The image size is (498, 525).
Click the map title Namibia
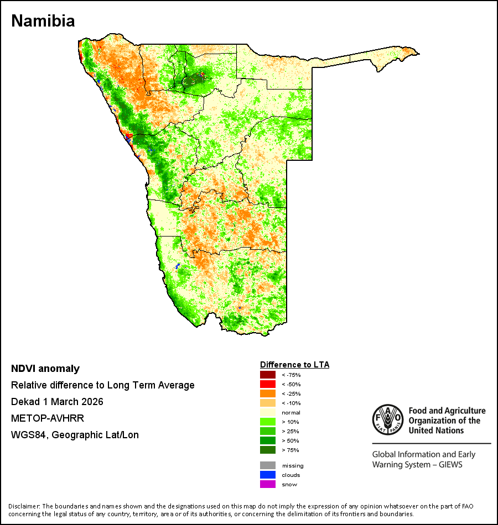click(x=43, y=21)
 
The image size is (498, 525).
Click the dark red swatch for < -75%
click(x=268, y=375)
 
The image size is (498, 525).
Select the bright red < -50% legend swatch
click(x=268, y=384)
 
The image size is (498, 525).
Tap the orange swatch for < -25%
click(x=268, y=393)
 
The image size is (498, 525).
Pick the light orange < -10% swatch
click(x=268, y=403)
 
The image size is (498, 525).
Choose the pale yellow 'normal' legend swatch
click(x=268, y=412)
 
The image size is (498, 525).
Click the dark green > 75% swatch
click(x=268, y=450)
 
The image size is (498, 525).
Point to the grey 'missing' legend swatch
click(x=268, y=465)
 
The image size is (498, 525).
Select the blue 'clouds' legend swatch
click(x=268, y=475)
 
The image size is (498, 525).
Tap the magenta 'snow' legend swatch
click(x=268, y=484)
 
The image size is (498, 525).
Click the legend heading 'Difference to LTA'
click(x=294, y=365)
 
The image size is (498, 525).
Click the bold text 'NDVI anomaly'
click(x=45, y=369)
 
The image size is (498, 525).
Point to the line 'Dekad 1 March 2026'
click(x=57, y=401)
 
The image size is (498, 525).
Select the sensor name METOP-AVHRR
click(x=48, y=418)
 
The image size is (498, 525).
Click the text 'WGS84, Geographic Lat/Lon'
click(x=75, y=435)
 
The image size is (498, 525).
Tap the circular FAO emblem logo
click(x=388, y=420)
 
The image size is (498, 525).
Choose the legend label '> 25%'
click(x=290, y=431)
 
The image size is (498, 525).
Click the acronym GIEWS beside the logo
click(x=450, y=465)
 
